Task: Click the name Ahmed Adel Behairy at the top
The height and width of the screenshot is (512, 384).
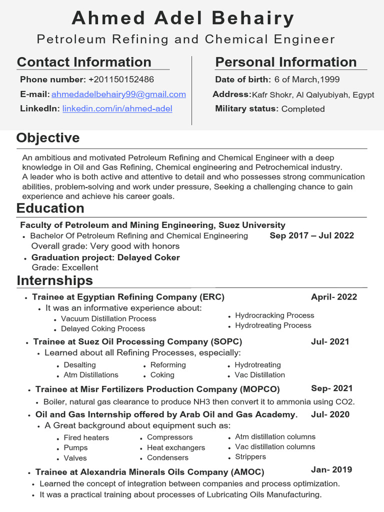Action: (x=183, y=18)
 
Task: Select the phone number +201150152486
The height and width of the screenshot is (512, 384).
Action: (x=121, y=79)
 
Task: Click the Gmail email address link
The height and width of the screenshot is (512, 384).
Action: (x=118, y=94)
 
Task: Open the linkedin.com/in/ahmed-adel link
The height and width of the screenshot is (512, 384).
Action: (x=117, y=108)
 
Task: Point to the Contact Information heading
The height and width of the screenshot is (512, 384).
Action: (x=84, y=62)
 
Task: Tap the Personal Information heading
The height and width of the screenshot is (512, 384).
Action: (x=285, y=62)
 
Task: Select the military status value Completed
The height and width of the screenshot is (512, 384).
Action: (x=303, y=109)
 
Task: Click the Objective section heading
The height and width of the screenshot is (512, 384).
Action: (x=48, y=138)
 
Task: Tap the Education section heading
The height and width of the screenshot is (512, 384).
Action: (x=50, y=208)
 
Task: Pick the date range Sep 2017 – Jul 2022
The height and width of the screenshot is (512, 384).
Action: (x=311, y=235)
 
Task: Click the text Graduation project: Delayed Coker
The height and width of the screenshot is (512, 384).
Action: (x=105, y=257)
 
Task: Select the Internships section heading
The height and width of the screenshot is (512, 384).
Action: (x=54, y=280)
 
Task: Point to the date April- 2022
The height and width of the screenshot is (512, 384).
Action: (x=333, y=297)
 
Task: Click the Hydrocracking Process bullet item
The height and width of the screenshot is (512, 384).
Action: (x=274, y=315)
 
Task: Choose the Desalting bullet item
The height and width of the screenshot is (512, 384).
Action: (x=79, y=365)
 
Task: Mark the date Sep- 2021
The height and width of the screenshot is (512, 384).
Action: (x=331, y=388)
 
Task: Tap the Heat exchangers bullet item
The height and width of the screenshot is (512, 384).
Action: (x=176, y=447)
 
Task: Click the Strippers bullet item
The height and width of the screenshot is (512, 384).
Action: (x=250, y=456)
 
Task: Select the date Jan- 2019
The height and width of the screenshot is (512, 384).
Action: (x=331, y=469)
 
